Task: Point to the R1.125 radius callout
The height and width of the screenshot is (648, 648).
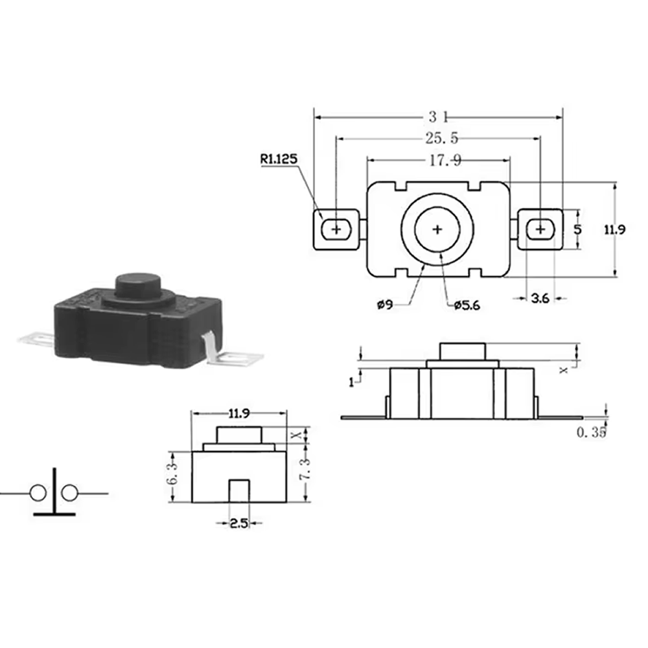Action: pyautogui.click(x=279, y=158)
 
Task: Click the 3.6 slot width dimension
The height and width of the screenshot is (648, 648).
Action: pyautogui.click(x=540, y=298)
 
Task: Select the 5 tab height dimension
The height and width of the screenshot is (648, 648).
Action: pyautogui.click(x=578, y=229)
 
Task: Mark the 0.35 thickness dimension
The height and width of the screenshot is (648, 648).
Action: pyautogui.click(x=591, y=433)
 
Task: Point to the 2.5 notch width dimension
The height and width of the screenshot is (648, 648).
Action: pyautogui.click(x=239, y=524)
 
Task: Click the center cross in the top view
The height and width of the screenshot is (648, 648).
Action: pyautogui.click(x=437, y=229)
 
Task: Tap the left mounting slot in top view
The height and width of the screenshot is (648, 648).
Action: pyautogui.click(x=336, y=229)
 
